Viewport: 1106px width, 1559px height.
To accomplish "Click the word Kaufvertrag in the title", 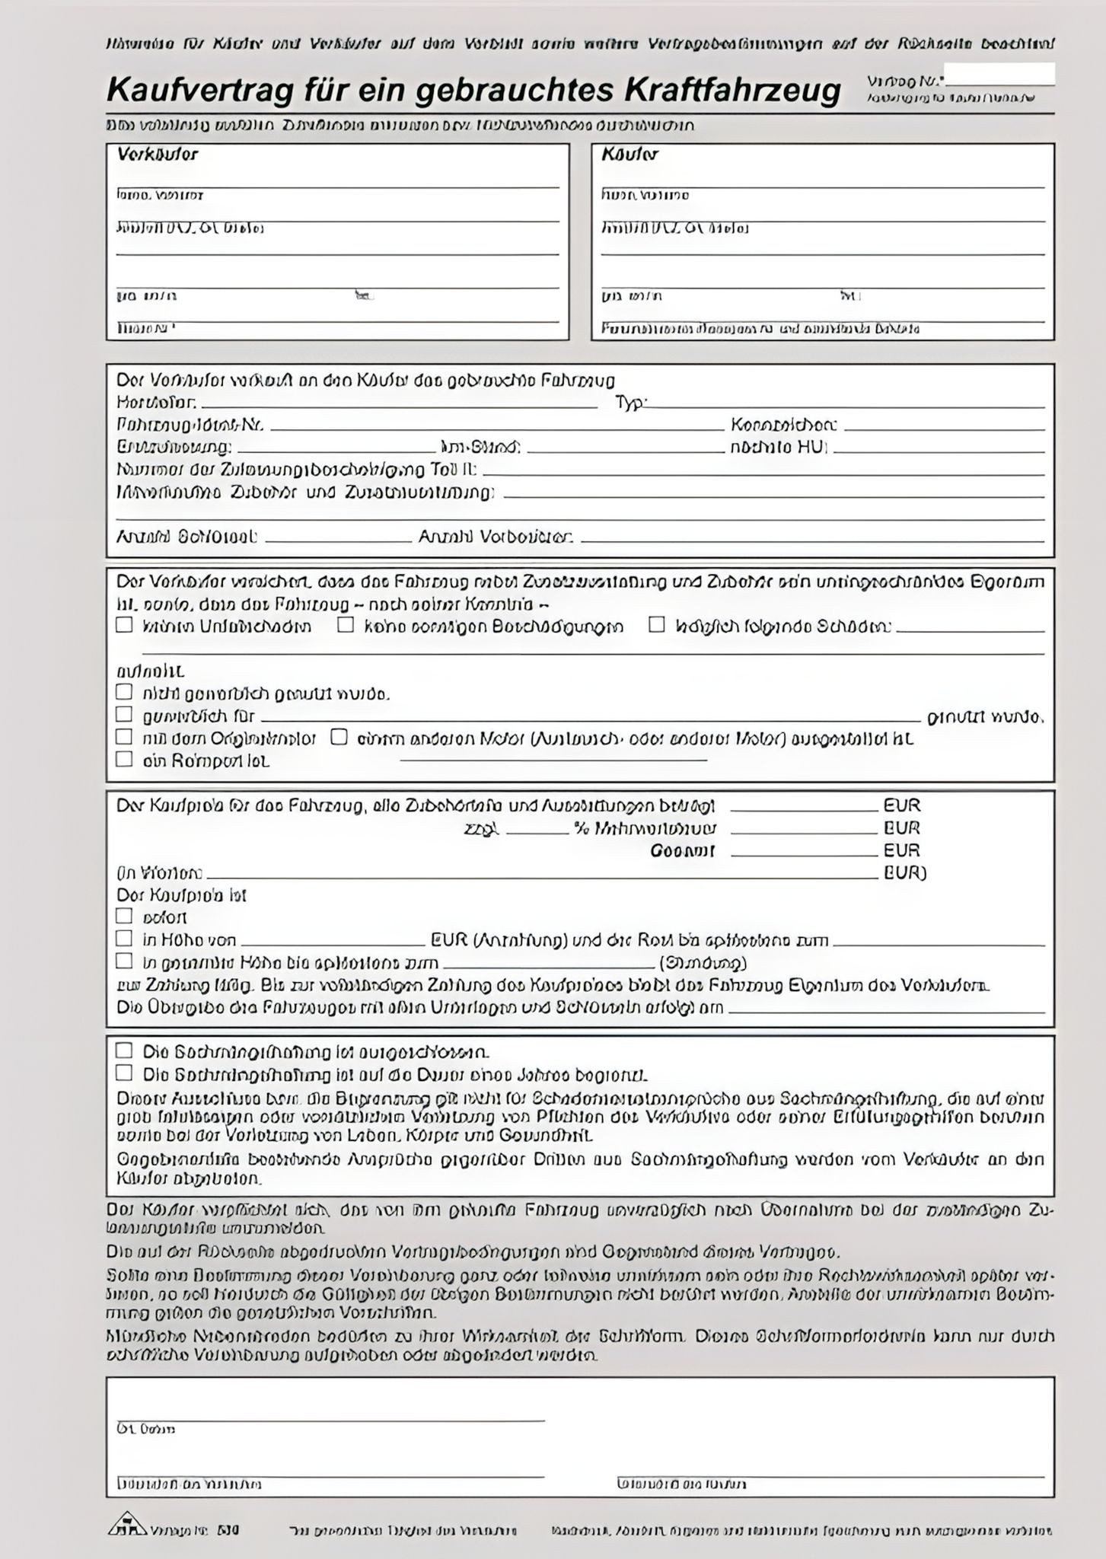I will (x=199, y=91).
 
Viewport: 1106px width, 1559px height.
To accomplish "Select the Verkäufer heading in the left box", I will (x=157, y=155).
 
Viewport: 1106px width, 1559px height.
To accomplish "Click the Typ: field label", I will (x=629, y=403).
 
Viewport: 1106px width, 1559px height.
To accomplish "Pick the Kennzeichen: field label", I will (x=783, y=426).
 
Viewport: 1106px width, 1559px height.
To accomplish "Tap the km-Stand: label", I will (x=480, y=448).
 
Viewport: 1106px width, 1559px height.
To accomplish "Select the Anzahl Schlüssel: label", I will (x=186, y=537).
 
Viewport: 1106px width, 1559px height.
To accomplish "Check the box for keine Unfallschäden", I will (x=124, y=626).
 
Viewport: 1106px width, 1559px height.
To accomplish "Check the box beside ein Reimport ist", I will (x=124, y=760).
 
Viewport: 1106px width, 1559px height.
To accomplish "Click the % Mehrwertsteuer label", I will (x=644, y=828).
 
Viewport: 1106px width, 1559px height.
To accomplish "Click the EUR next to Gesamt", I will (x=901, y=850).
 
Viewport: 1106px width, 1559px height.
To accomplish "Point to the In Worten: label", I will (x=159, y=873).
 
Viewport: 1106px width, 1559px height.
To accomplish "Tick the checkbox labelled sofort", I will (x=124, y=917).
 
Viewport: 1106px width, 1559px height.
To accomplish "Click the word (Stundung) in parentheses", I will (x=703, y=962).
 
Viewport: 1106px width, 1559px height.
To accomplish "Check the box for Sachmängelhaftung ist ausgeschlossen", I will (x=124, y=1051).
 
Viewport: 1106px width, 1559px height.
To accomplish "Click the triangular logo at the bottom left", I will (x=126, y=1525).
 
